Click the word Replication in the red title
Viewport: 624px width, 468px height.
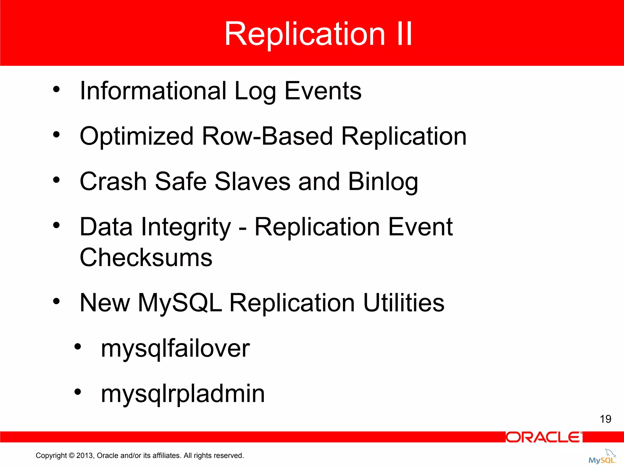pos(305,34)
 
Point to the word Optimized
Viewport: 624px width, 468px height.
pos(136,136)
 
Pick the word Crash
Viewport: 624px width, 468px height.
pos(113,182)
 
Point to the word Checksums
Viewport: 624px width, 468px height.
pos(146,257)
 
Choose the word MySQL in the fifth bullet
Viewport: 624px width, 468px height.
pos(180,303)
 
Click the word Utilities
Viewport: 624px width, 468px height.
pos(404,303)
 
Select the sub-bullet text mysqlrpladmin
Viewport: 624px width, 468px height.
pos(183,394)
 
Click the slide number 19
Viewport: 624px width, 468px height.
pos(605,419)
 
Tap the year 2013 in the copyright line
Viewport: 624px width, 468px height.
pos(85,456)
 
